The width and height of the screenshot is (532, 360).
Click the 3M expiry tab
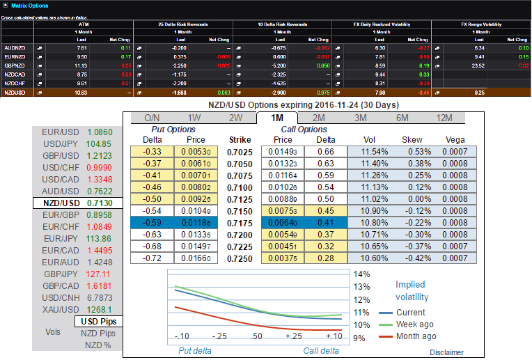click(x=360, y=118)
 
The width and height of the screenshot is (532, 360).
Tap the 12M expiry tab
click(x=443, y=118)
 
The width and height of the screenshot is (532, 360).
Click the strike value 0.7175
click(x=240, y=222)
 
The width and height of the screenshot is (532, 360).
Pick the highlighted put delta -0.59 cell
click(x=152, y=222)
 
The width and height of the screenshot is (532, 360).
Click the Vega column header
click(x=455, y=140)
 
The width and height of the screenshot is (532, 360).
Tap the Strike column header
click(x=240, y=140)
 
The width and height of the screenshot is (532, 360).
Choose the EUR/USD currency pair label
click(x=59, y=132)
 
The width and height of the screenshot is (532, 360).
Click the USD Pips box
click(x=97, y=322)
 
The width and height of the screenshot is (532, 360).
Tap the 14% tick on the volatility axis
click(x=362, y=274)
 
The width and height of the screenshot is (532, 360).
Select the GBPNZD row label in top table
click(x=15, y=64)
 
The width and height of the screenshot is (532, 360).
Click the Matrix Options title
click(x=30, y=6)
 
